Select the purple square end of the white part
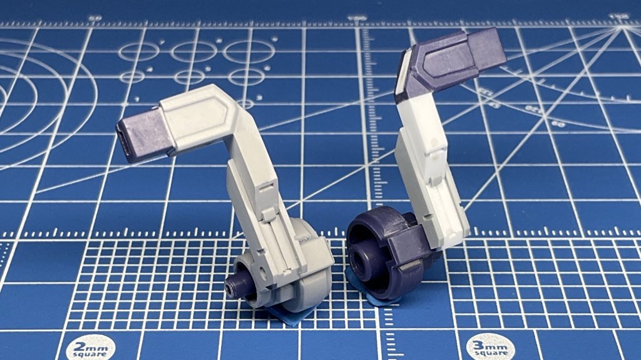point(486,48)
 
